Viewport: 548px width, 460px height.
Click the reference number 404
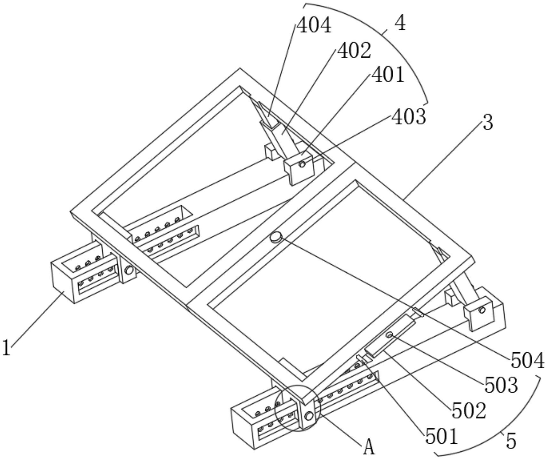point(314,25)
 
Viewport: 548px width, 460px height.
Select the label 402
point(354,51)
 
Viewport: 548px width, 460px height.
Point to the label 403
point(409,116)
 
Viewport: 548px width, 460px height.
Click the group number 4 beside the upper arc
point(400,23)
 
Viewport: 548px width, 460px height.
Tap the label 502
point(469,410)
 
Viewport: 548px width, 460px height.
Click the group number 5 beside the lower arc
point(511,442)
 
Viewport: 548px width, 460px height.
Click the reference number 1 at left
point(7,348)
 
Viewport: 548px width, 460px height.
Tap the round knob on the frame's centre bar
point(276,237)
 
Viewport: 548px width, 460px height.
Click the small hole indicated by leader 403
point(301,164)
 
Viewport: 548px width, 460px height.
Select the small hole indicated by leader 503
point(389,335)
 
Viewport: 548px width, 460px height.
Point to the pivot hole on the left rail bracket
point(129,270)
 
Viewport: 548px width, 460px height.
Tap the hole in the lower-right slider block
point(482,309)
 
